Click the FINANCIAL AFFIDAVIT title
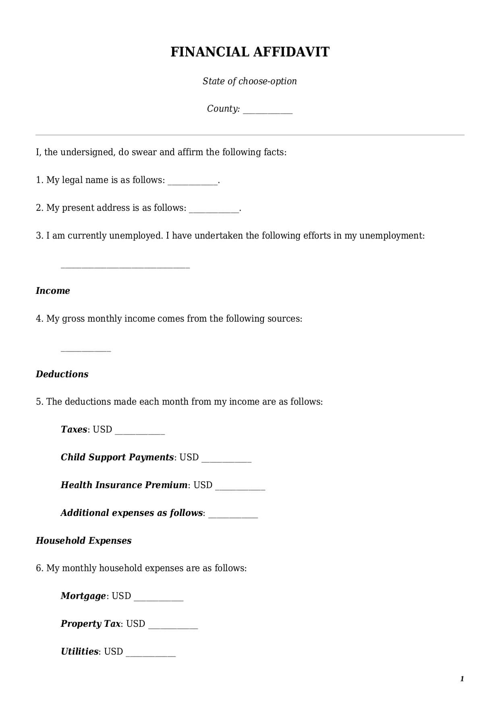point(250,52)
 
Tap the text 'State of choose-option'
point(250,81)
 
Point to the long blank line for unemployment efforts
point(125,266)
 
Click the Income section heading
point(53,291)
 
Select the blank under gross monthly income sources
point(85,350)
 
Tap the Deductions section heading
point(62,374)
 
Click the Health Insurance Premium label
point(124,485)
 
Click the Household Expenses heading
point(83,541)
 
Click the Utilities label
point(79,651)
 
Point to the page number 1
point(462,679)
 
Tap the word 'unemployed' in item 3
point(136,235)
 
